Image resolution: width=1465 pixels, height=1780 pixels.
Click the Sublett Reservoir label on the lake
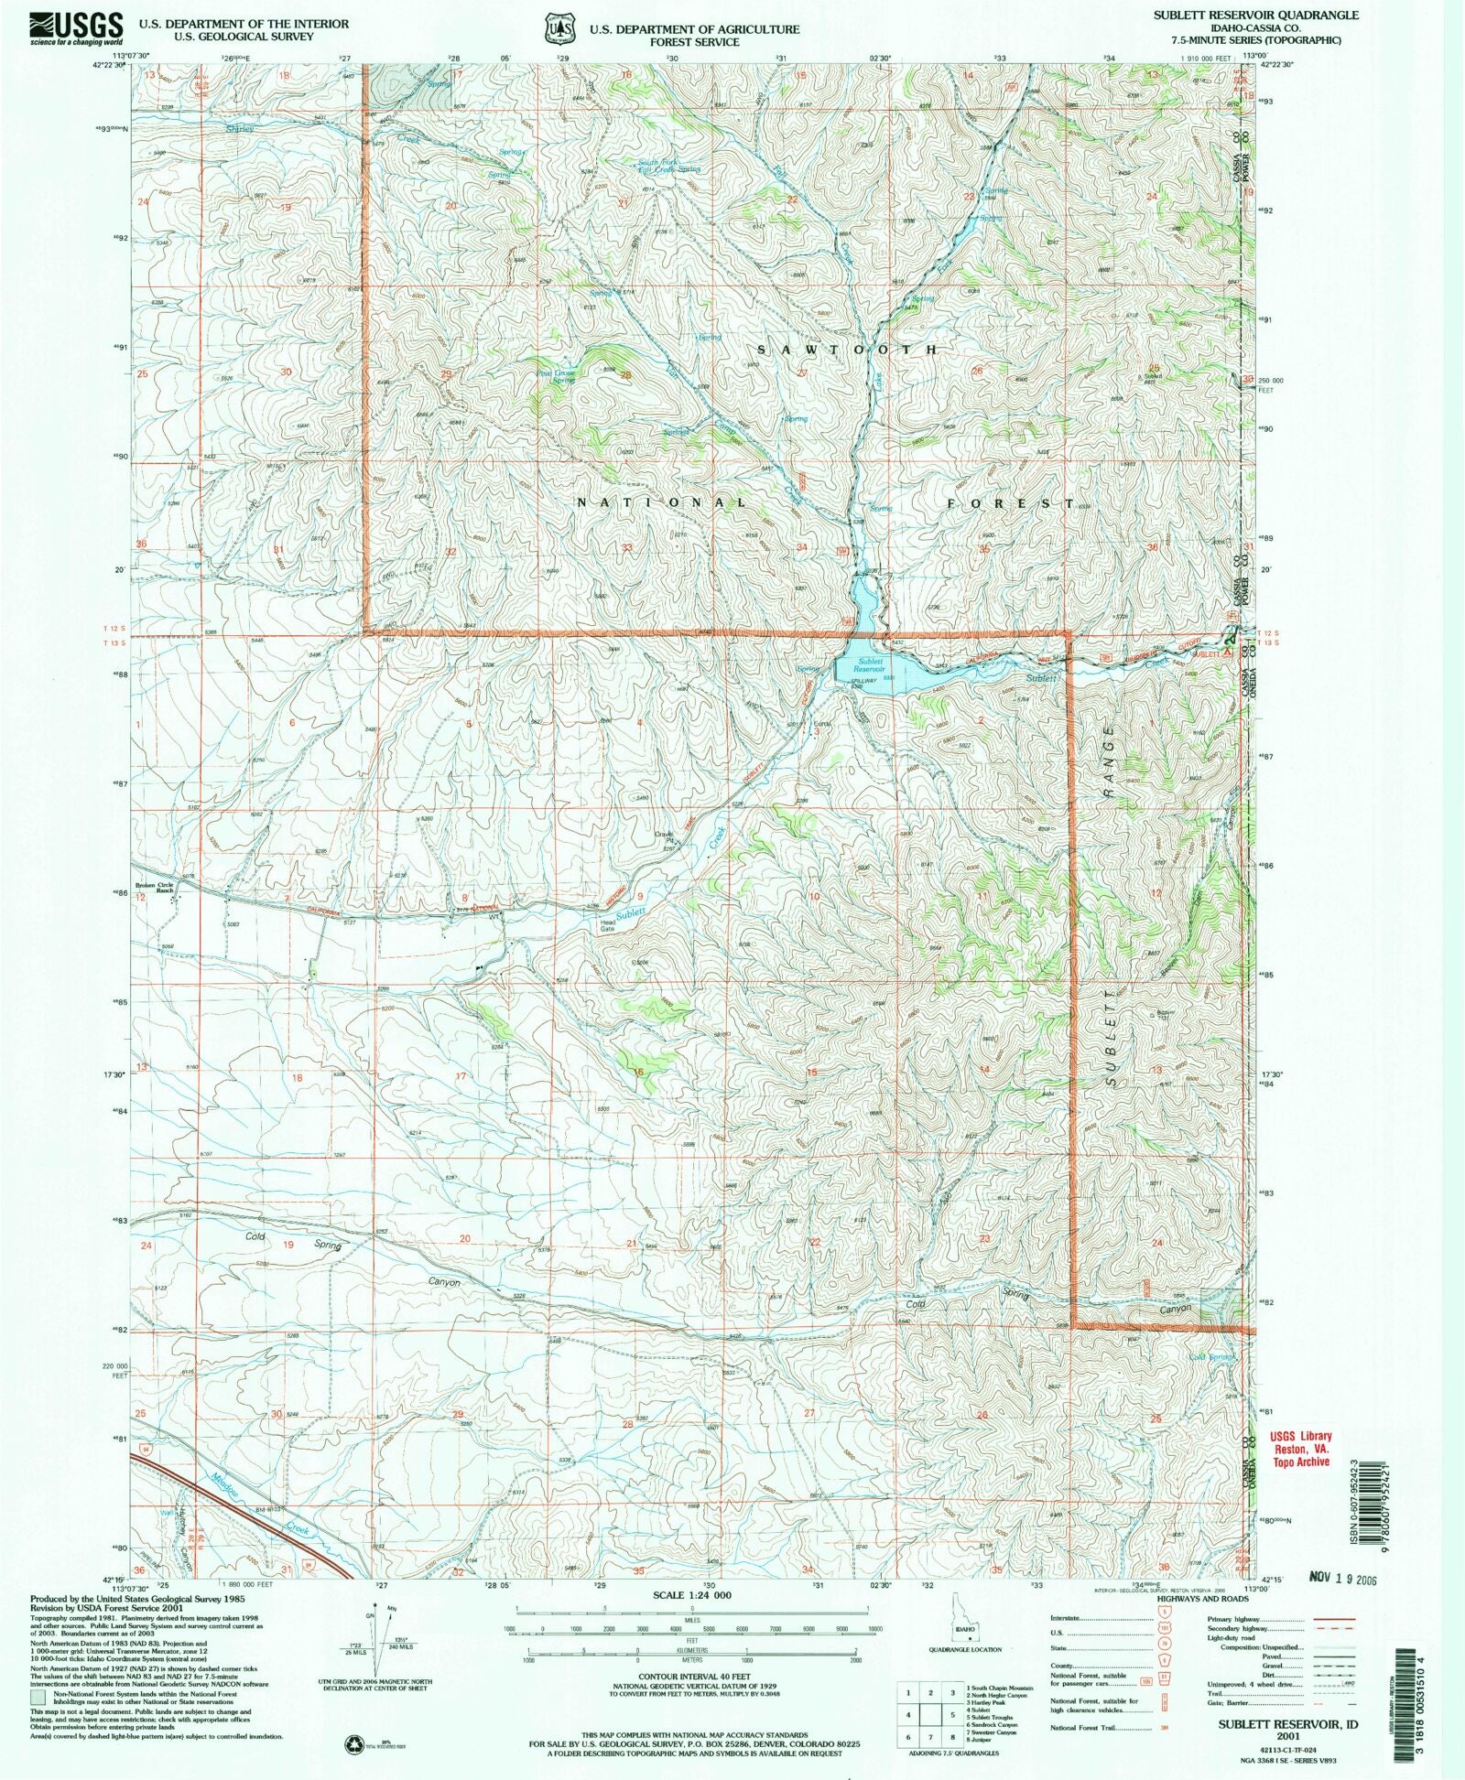[x=870, y=664]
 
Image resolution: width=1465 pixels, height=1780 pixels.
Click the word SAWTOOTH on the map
[x=847, y=351]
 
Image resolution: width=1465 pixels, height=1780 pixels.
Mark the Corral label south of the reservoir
[x=821, y=723]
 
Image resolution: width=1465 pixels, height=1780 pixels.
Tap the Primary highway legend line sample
[x=1332, y=1620]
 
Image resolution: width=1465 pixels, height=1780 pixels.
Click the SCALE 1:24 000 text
[x=692, y=1594]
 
